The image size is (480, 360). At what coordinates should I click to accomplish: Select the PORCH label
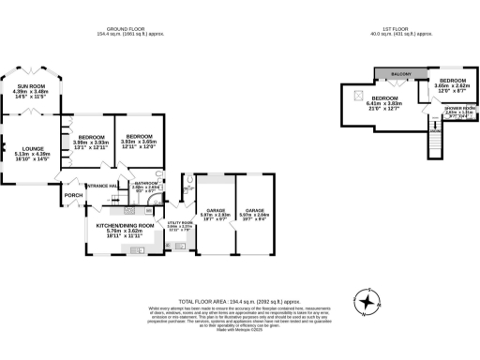tap(72, 196)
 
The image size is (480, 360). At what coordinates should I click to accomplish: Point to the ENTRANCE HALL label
tap(100, 186)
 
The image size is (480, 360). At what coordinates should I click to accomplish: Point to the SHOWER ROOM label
tap(459, 108)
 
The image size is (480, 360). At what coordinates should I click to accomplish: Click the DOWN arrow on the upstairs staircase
tap(434, 129)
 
